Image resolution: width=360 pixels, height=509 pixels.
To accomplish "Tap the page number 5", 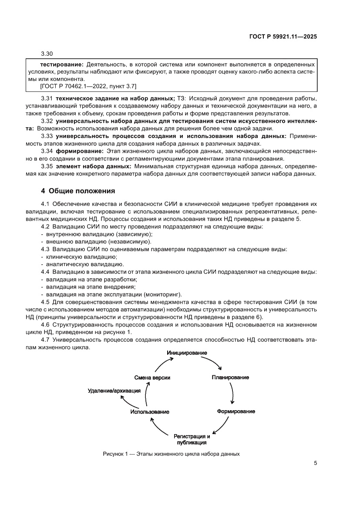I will coord(315,463).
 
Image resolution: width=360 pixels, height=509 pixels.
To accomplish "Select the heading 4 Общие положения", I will coord(77,190).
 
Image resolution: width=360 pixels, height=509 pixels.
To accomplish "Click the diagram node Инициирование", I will coord(187,352).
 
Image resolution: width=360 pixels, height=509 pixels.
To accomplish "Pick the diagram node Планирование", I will coord(230,377).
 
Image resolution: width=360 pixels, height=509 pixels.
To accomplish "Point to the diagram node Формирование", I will coord(236,411).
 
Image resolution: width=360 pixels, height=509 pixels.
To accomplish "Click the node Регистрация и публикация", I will coord(192,439).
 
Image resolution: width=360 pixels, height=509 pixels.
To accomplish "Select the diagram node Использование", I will coord(149,411).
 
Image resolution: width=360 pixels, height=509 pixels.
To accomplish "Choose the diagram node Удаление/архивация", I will coord(114,391).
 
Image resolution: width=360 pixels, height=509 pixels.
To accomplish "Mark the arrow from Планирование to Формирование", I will coord(233,394).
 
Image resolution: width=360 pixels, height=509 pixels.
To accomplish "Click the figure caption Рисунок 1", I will coord(171,454).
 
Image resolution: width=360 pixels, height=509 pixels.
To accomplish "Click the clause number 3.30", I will coord(47,54).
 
